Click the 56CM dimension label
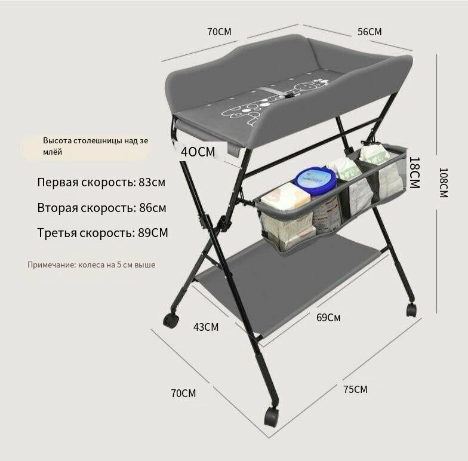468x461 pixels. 370,32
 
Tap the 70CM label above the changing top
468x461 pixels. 220,32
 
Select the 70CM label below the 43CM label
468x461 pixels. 184,393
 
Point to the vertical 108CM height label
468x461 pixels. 444,183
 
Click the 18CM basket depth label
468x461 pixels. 414,173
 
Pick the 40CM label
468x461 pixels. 198,152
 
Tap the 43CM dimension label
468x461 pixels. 205,327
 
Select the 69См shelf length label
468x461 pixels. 328,318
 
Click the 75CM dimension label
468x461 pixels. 355,389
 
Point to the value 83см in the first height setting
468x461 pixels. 152,182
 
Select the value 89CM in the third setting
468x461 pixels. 153,233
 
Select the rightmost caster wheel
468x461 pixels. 411,309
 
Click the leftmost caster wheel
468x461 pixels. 171,321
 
